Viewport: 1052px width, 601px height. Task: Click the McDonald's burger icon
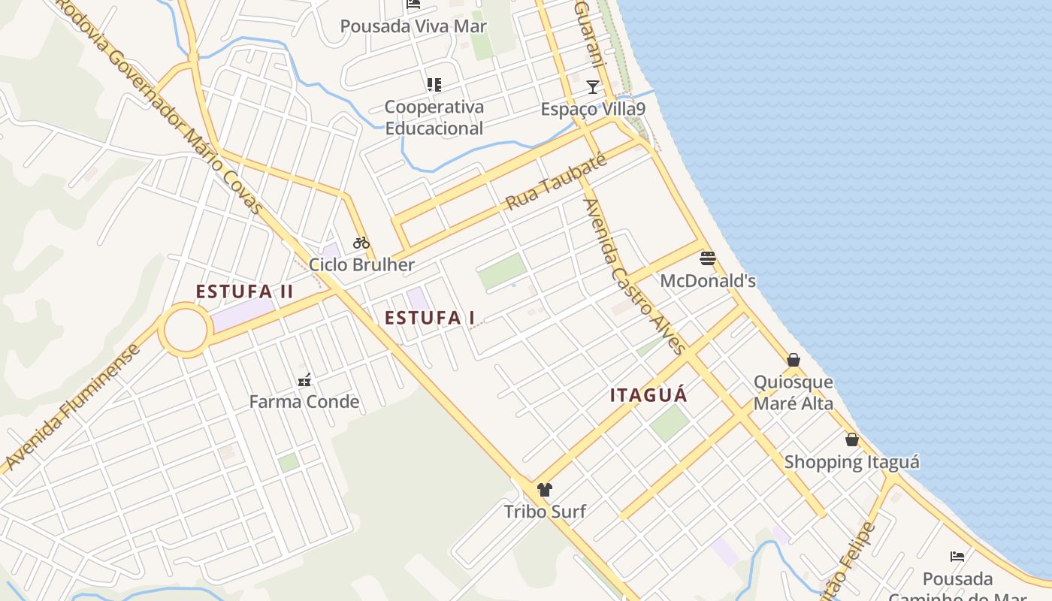(x=707, y=259)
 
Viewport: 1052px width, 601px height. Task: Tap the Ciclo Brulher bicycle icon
(x=361, y=243)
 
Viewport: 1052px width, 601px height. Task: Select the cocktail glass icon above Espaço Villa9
(x=593, y=87)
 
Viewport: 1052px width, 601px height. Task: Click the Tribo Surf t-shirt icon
(x=545, y=490)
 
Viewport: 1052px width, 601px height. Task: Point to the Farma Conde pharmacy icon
(x=304, y=380)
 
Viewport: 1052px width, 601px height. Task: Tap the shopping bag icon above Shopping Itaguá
(x=852, y=439)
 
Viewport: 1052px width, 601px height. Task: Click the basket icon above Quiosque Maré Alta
(x=794, y=360)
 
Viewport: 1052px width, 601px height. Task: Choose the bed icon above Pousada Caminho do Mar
(x=957, y=557)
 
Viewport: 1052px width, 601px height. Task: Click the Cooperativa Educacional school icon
(x=434, y=85)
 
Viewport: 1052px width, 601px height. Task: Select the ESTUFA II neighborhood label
(x=245, y=291)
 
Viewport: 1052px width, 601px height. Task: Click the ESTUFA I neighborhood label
(x=430, y=318)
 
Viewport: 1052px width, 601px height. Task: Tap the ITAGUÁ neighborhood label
(x=649, y=395)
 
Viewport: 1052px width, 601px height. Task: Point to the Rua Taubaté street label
(x=555, y=183)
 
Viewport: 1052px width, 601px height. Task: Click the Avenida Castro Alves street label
(x=634, y=276)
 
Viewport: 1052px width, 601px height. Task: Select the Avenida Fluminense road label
(x=72, y=408)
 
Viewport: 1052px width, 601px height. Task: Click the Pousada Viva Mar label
(x=413, y=26)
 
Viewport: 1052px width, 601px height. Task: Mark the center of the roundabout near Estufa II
(x=185, y=330)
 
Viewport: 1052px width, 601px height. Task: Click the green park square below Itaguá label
(x=669, y=423)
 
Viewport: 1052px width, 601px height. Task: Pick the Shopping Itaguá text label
(x=851, y=462)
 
